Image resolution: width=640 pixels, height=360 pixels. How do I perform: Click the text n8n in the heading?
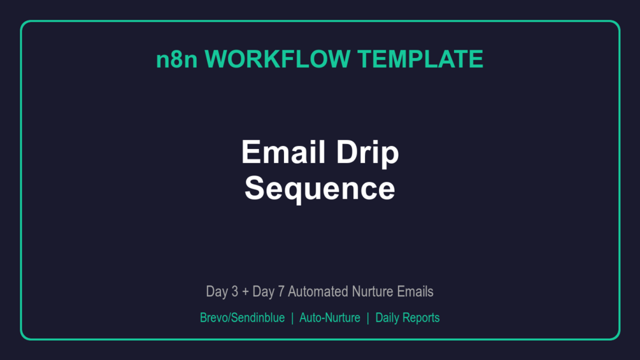(176, 59)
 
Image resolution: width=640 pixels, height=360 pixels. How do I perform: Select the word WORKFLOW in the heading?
(278, 59)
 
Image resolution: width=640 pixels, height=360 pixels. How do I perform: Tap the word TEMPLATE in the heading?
(420, 59)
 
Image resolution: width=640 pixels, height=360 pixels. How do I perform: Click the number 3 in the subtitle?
(235, 292)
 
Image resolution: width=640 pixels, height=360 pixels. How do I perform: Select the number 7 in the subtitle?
(281, 292)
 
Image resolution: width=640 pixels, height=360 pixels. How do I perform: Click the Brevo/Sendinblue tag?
(242, 317)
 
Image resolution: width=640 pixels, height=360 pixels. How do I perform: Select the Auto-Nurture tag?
(330, 317)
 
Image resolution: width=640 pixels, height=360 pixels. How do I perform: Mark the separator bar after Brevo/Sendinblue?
(292, 318)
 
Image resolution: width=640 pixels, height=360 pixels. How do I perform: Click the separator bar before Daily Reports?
(367, 318)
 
